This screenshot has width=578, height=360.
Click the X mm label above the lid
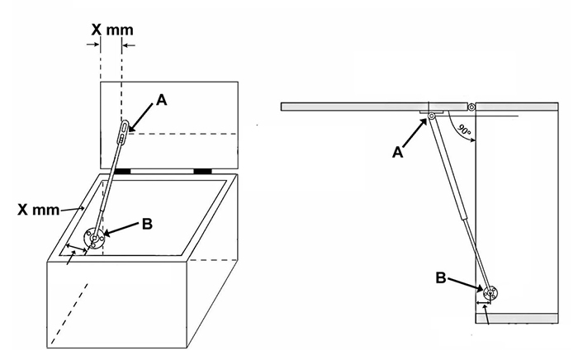point(111,30)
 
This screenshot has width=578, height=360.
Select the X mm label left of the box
point(39,210)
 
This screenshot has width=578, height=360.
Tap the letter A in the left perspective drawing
point(161,100)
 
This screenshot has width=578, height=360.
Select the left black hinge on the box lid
point(123,171)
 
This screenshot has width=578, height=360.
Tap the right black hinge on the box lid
point(203,171)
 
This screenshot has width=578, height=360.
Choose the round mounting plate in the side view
point(490,294)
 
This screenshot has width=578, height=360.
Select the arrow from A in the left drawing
point(142,115)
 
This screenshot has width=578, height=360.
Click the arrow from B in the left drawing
point(121,230)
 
